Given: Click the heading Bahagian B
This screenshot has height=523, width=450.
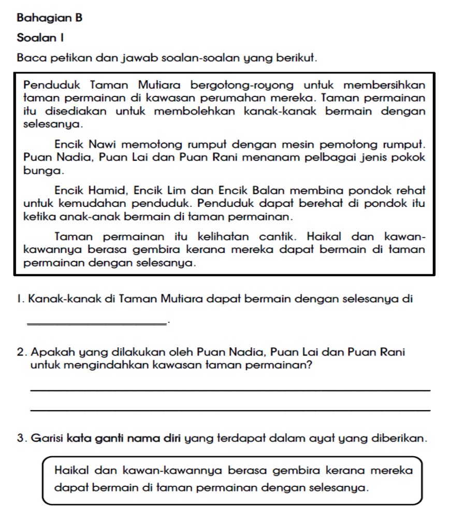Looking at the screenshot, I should (50, 18).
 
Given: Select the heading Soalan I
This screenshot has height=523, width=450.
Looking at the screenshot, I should (39, 38).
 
